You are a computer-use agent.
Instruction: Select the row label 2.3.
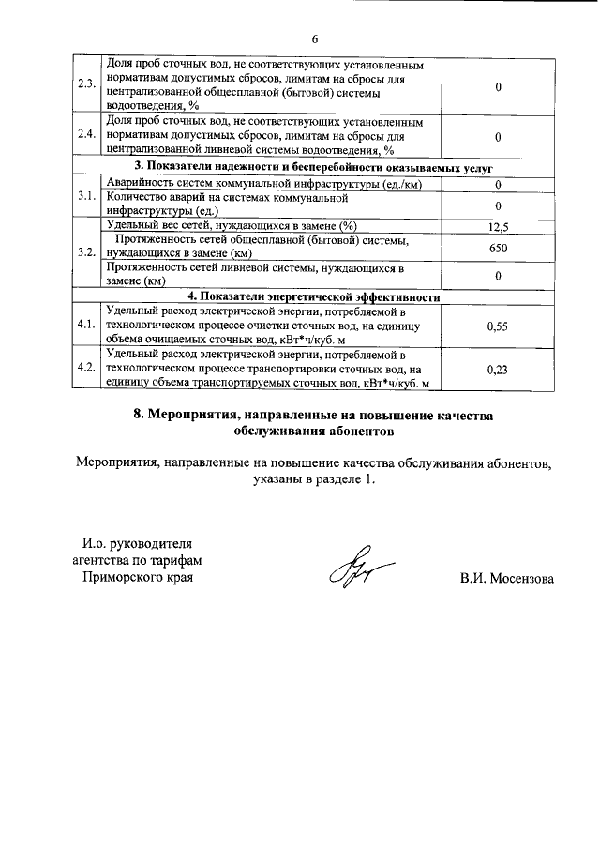(88, 86)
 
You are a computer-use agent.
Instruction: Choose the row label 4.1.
(88, 325)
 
